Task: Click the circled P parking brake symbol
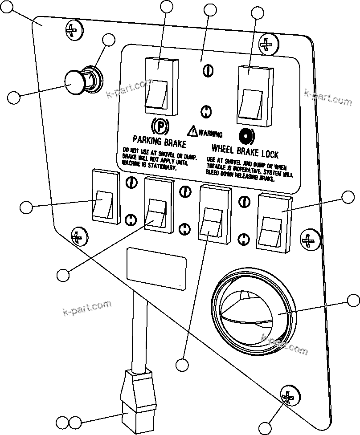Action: pos(159,126)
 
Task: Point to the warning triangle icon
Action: pos(192,131)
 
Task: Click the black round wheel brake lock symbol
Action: pos(245,134)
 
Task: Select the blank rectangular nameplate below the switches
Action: pos(156,269)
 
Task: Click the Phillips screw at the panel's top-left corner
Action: pos(74,30)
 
